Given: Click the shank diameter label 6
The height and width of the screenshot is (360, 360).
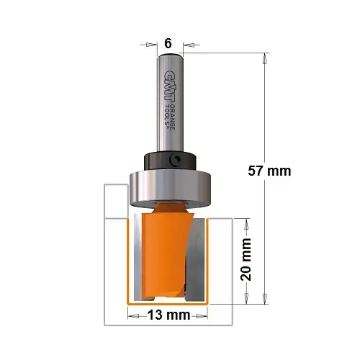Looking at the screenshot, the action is (168, 44).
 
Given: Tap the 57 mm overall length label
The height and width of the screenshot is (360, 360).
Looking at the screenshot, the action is (269, 171).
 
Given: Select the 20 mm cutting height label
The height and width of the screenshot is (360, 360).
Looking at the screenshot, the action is (246, 259).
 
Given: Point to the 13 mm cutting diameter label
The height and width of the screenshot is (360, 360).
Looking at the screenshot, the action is (168, 315).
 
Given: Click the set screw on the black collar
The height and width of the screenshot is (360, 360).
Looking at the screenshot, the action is (175, 160).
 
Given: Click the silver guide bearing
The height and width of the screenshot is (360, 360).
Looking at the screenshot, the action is (170, 189).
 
